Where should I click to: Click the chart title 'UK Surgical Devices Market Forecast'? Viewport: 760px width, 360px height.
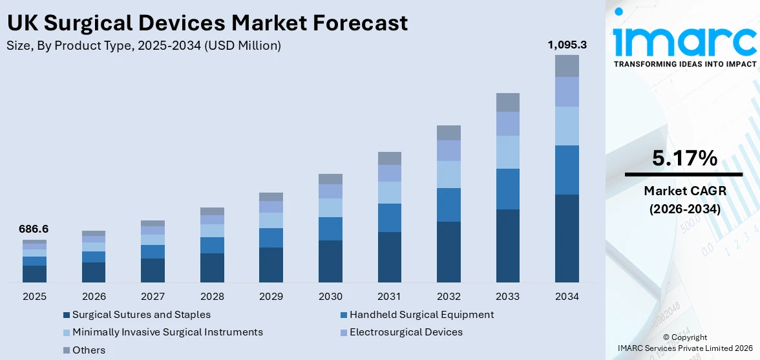point(207,23)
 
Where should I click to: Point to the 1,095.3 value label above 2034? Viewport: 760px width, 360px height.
point(567,45)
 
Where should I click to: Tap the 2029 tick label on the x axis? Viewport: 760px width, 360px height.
point(271,296)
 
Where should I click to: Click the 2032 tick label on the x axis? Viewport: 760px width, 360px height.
point(449,296)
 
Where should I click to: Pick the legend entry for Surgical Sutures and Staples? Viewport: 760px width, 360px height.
point(141,315)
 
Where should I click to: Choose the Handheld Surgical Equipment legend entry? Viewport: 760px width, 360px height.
point(421,315)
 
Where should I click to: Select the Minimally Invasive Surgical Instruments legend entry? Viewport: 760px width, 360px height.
point(167,332)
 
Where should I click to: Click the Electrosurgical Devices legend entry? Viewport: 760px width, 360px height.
point(406,332)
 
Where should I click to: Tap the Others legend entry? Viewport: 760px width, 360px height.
point(89,350)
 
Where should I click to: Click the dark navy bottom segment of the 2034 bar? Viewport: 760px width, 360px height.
point(567,238)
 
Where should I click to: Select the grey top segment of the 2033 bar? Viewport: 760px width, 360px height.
point(508,102)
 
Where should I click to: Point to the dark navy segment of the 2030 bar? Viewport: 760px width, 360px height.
point(330,261)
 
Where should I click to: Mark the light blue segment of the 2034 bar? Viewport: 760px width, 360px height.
point(567,126)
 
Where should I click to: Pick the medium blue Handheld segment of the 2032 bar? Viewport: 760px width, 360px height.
point(449,205)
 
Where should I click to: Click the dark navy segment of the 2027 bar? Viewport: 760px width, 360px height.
point(153,270)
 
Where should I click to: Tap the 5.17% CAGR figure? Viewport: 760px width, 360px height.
point(684,158)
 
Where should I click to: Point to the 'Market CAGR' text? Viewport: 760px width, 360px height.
point(684,191)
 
